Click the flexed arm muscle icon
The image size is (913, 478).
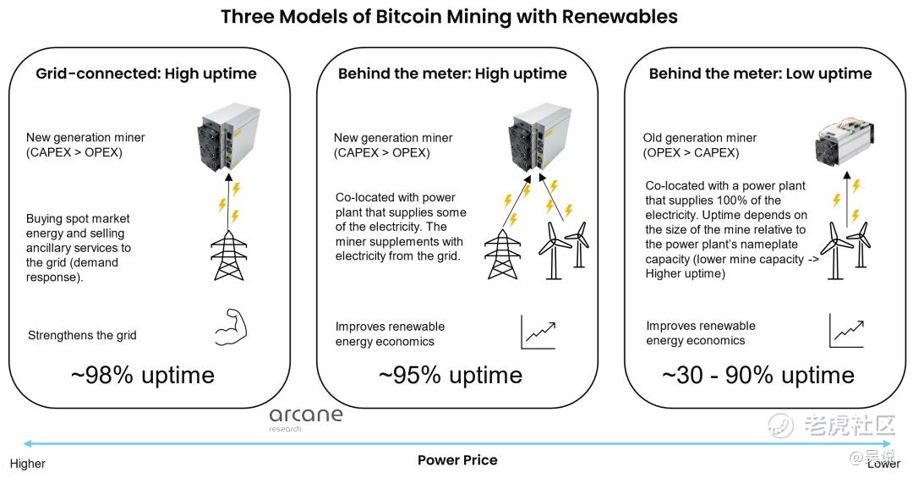[x=231, y=328]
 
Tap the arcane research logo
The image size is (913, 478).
[x=306, y=419]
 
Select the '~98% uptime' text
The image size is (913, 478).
[x=143, y=375]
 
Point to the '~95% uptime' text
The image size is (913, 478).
[x=450, y=375]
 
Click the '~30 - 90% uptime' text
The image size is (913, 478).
[x=758, y=375]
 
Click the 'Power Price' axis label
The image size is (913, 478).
[x=457, y=460]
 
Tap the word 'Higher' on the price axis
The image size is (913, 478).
[x=27, y=464]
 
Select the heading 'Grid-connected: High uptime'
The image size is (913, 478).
[x=146, y=74]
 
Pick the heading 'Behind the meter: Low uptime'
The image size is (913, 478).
[x=761, y=74]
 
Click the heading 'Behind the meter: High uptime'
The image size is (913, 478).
[x=452, y=74]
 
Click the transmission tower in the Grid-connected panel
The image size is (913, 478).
[x=229, y=255]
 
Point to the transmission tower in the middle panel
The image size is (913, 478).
[x=502, y=254]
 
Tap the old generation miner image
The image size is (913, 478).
[x=844, y=143]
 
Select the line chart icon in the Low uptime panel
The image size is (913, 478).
[x=847, y=331]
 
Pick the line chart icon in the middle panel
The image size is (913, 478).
[x=539, y=332]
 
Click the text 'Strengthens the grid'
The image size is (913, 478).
[x=82, y=335]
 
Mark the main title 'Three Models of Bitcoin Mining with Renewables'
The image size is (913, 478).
[x=449, y=16]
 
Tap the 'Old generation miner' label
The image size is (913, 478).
[x=699, y=138]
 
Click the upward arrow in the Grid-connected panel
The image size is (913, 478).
[x=228, y=201]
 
